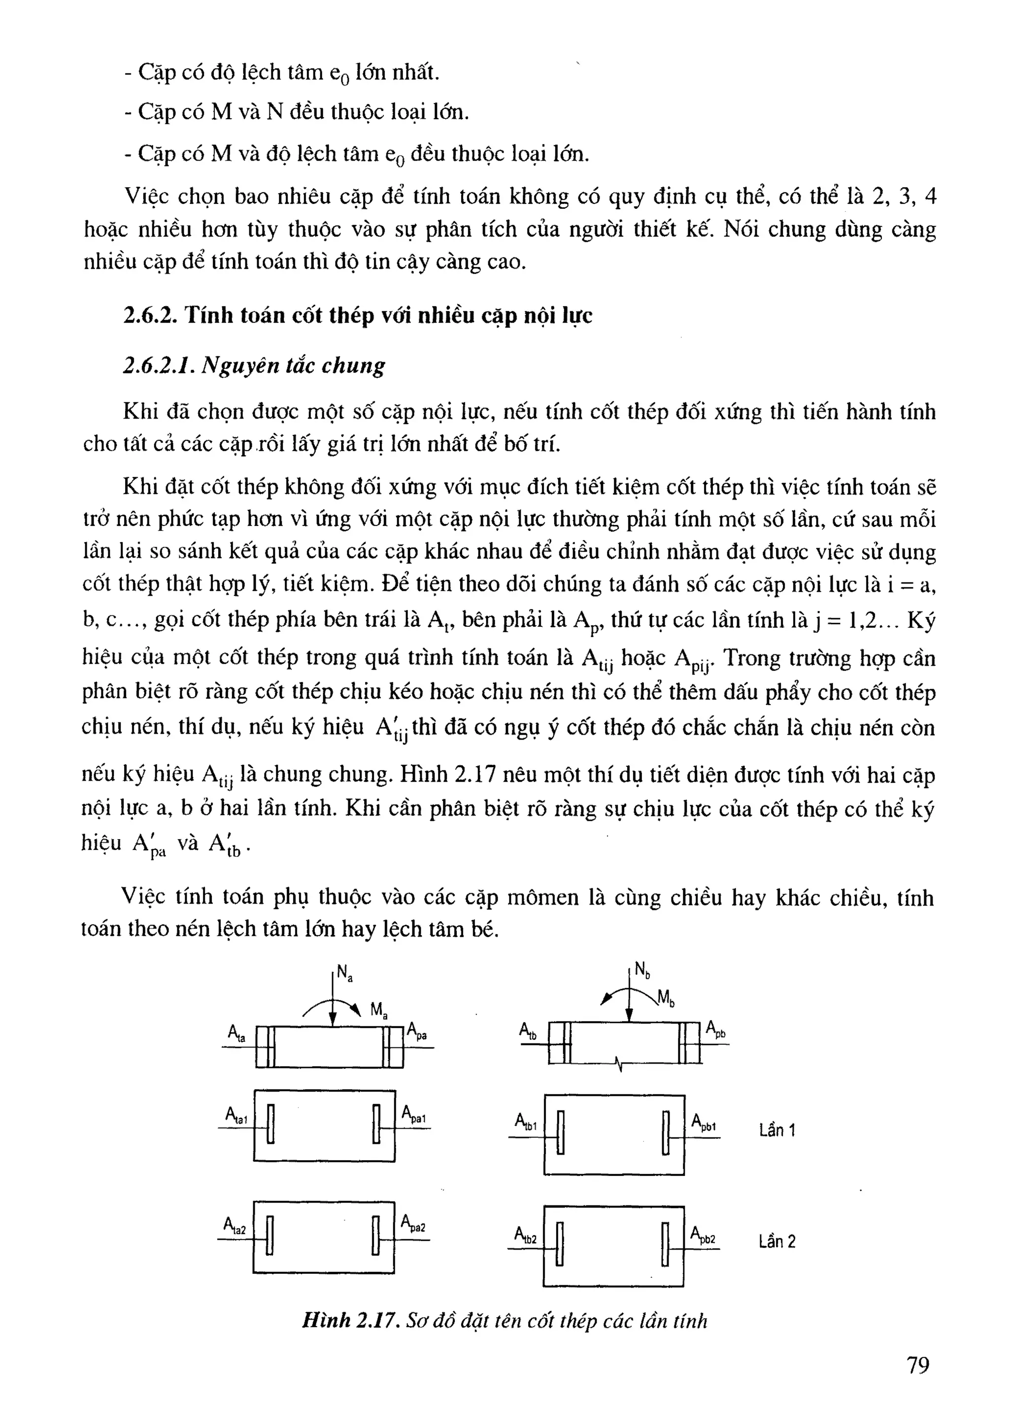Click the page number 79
tap(918, 1365)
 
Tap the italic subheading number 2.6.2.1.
tap(159, 365)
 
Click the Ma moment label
tap(378, 1010)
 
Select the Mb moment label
tap(666, 999)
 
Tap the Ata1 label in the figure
tap(236, 1116)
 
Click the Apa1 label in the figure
tap(413, 1114)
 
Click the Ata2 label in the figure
tap(235, 1226)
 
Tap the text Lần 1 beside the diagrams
tap(776, 1130)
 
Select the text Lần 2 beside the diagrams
tap(776, 1241)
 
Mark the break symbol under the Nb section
tap(619, 1065)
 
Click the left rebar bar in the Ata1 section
tap(270, 1124)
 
